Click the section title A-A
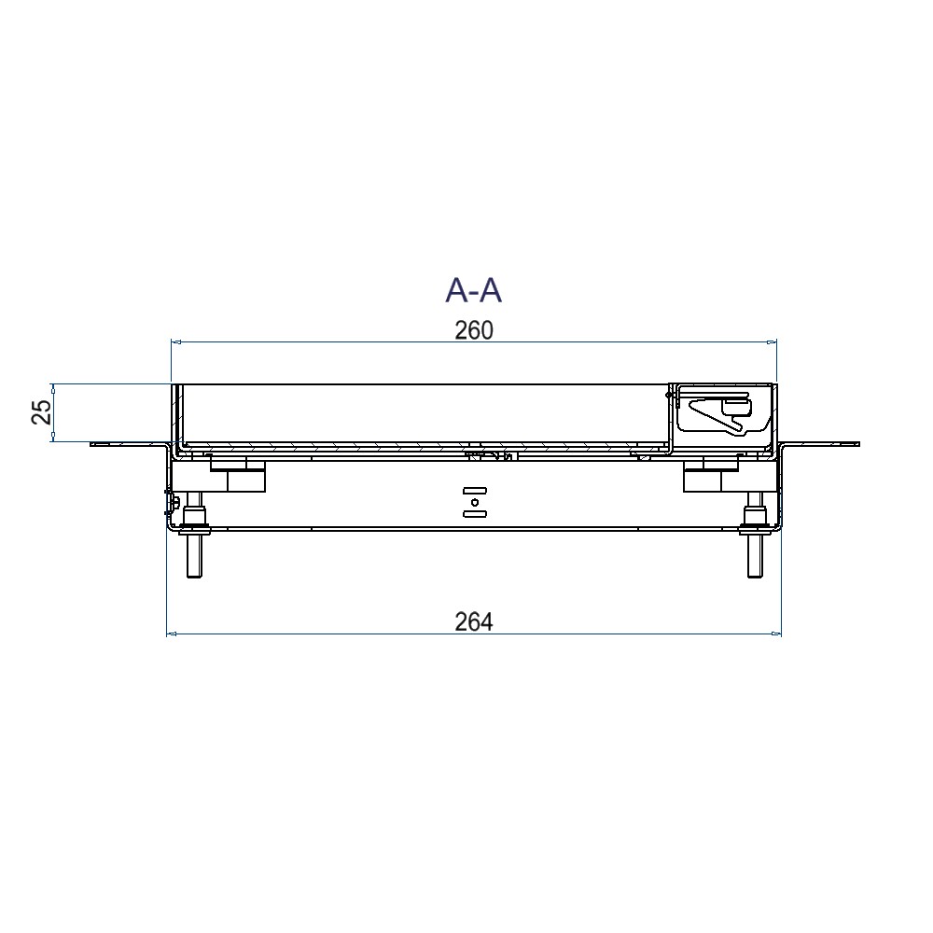[x=473, y=290]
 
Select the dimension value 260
[x=473, y=330]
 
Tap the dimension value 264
[x=473, y=621]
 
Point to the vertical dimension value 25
[x=42, y=411]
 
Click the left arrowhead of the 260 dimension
[x=175, y=342]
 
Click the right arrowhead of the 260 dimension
[x=772, y=342]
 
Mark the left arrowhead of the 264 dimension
[x=171, y=634]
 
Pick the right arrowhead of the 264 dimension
[x=776, y=634]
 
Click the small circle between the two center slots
[x=474, y=502]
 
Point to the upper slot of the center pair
[x=474, y=490]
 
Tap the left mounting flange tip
[x=94, y=444]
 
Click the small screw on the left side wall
[x=174, y=503]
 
